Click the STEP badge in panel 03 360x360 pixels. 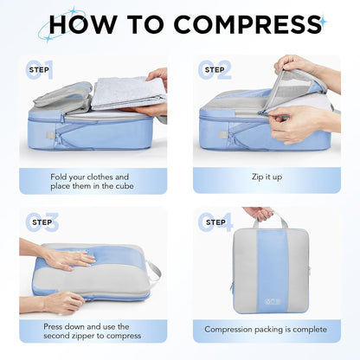point(39,222)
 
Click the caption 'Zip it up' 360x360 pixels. point(266,177)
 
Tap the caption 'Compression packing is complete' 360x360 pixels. point(266,329)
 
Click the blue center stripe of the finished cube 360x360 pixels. point(266,268)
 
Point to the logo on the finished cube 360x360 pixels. point(266,301)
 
